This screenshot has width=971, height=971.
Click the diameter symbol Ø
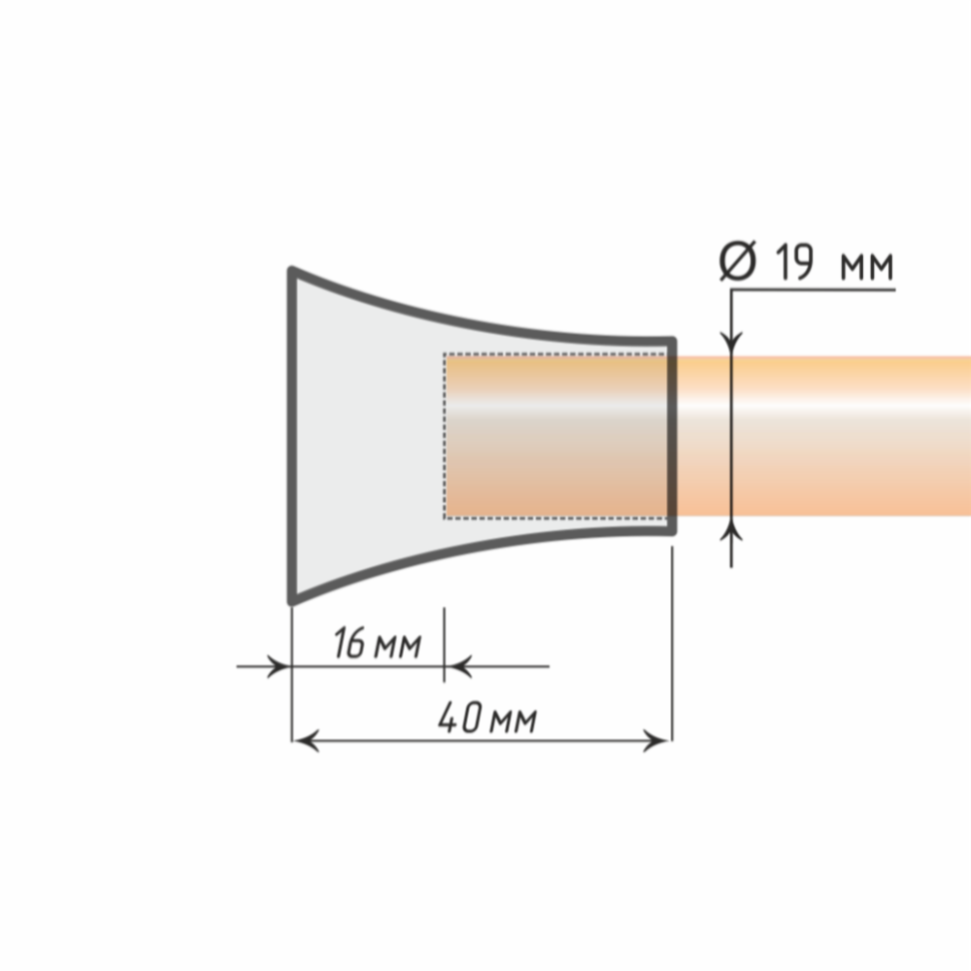coord(738,260)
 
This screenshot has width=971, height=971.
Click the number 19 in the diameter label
coord(794,262)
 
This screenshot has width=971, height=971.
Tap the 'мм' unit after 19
coord(867,266)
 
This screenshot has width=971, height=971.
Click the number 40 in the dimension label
coord(460,718)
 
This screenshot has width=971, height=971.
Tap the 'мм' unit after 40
coord(513,721)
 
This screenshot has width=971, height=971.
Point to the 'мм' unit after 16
coord(398,647)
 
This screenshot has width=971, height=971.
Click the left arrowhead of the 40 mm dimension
coord(306,740)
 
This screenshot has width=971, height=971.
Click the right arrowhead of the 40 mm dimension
coord(656,740)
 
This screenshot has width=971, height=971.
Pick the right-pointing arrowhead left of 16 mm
coord(278,666)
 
